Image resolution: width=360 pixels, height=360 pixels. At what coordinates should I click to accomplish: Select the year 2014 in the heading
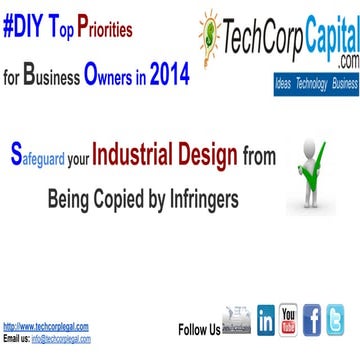pyautogui.click(x=168, y=50)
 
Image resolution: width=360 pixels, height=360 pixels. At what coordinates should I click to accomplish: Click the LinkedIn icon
pyautogui.click(x=267, y=321)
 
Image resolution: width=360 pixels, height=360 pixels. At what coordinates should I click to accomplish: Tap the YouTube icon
pyautogui.click(x=289, y=321)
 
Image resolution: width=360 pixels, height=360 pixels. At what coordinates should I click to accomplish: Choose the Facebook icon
pyautogui.click(x=313, y=321)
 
